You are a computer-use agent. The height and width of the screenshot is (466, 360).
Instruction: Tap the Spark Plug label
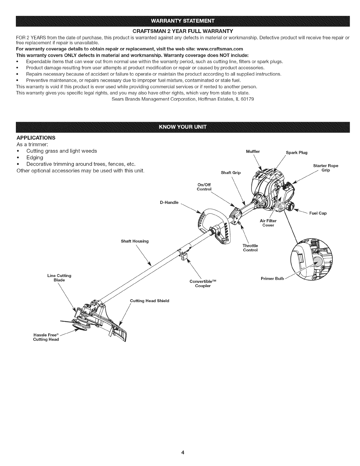(296, 152)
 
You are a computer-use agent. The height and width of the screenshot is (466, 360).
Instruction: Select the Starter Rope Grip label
(326, 168)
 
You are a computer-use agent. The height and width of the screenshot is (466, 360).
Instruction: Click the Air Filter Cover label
(268, 223)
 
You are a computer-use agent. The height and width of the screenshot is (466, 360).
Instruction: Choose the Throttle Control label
(250, 248)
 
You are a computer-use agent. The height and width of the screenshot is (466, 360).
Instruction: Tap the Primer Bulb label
(272, 279)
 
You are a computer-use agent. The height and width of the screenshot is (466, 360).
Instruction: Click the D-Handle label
(169, 202)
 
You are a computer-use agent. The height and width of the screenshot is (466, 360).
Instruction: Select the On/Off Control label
(204, 187)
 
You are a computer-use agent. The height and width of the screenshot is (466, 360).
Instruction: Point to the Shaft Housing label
(135, 241)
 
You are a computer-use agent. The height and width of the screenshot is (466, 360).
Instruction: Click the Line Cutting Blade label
(59, 278)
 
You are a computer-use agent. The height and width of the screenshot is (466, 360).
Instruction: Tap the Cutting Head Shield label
(149, 301)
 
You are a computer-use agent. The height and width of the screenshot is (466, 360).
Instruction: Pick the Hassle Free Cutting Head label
(46, 337)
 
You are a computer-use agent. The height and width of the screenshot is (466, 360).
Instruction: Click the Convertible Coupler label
(203, 284)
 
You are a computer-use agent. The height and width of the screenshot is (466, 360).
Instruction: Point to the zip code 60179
(247, 99)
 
